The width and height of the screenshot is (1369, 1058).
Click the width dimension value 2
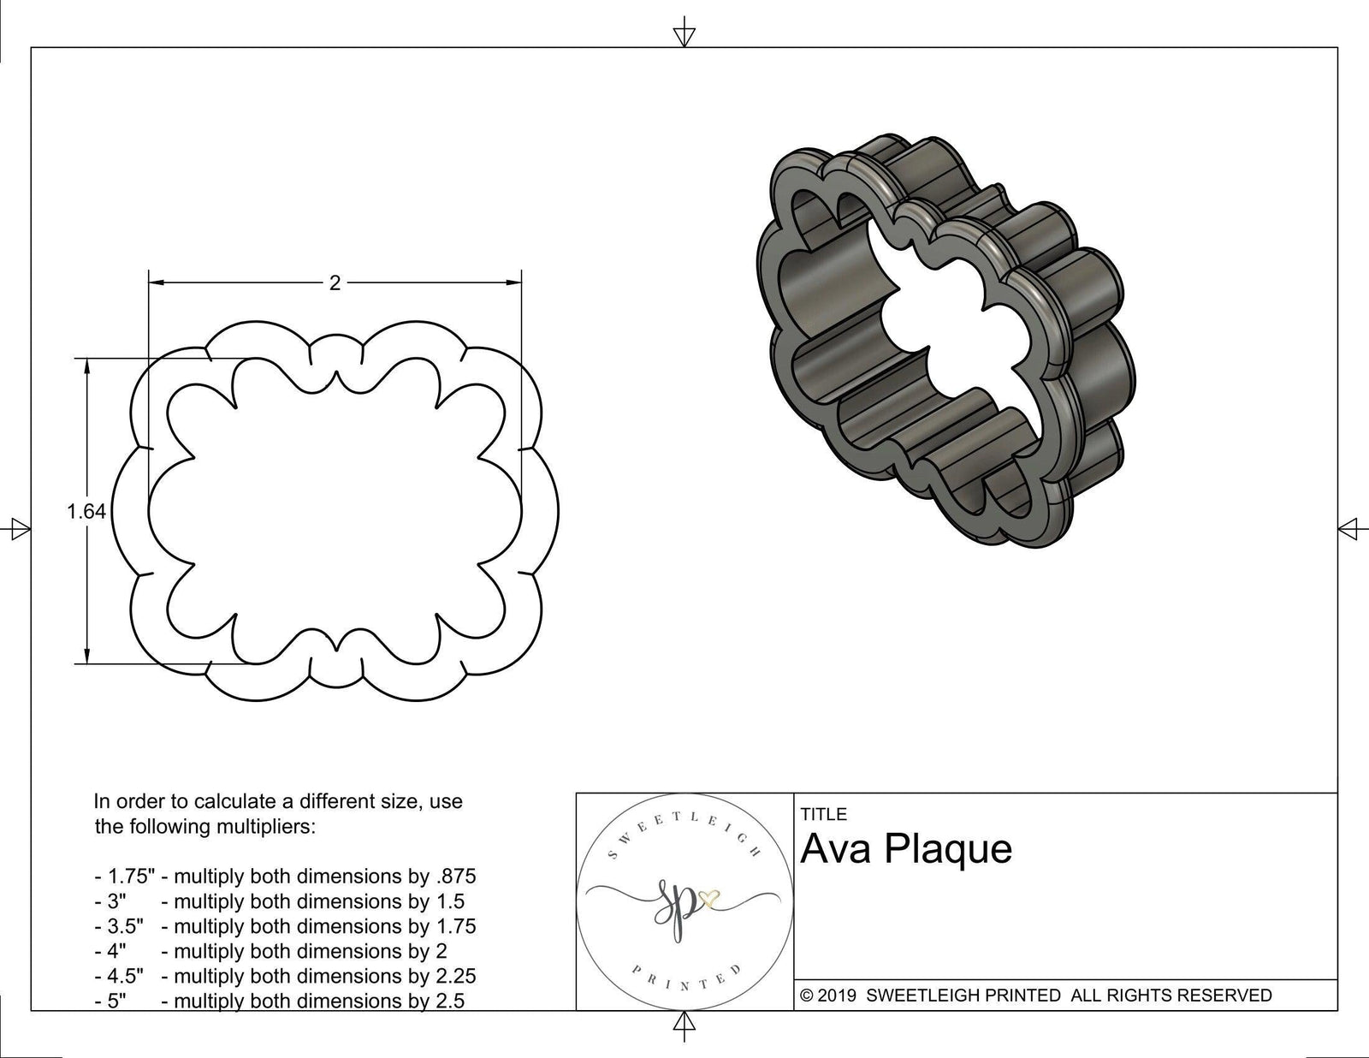335,282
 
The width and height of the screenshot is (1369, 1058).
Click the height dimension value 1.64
86,511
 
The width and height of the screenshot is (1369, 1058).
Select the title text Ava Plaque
906,849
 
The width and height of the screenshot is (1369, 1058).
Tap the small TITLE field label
823,814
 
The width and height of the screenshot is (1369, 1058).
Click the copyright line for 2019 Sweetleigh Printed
1035,995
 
